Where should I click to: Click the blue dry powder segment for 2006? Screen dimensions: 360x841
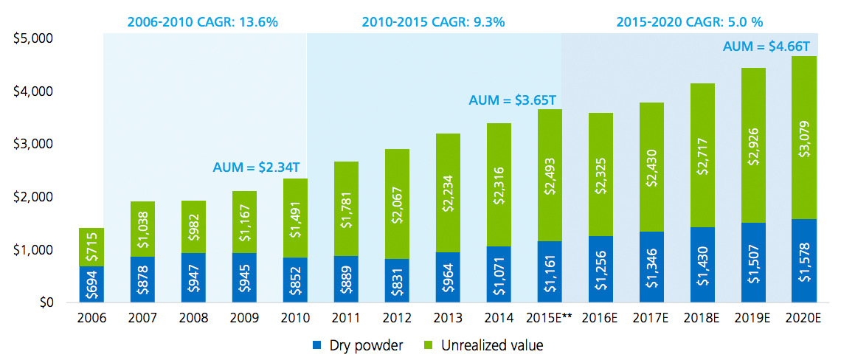(x=91, y=285)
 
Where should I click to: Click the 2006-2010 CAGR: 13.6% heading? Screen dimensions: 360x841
(x=202, y=21)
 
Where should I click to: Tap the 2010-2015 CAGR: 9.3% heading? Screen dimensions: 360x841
(x=433, y=21)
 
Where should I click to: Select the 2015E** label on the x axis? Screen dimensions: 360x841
(x=550, y=318)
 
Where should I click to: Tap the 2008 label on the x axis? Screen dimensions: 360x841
(x=193, y=318)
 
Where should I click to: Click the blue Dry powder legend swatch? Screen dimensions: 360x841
(x=316, y=345)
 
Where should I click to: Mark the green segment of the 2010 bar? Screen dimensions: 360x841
(x=295, y=218)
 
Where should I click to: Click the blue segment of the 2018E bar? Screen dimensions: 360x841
(x=702, y=265)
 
